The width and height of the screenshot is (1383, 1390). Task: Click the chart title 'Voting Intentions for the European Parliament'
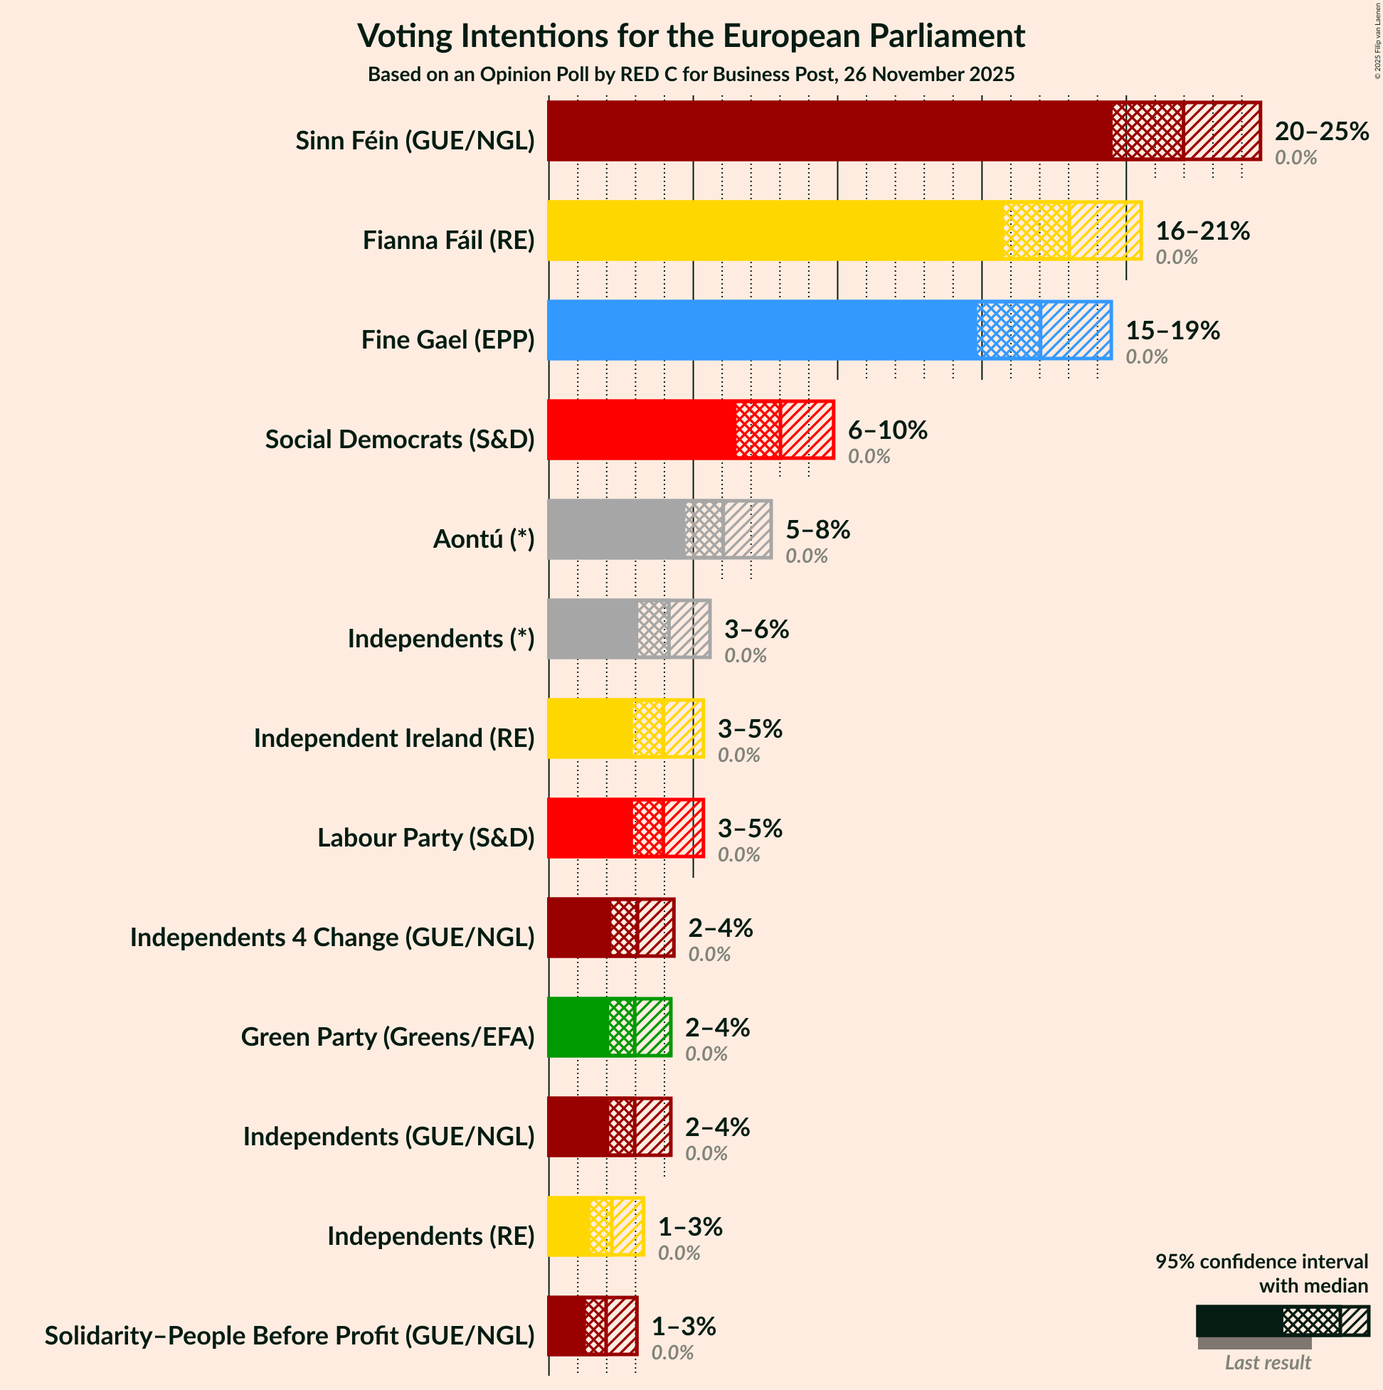click(691, 36)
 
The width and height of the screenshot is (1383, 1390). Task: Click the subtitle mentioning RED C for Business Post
click(691, 75)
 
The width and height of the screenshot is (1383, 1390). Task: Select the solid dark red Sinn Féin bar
click(827, 131)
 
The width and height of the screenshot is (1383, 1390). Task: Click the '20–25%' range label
click(1321, 132)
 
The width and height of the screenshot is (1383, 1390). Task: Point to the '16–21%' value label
click(1202, 231)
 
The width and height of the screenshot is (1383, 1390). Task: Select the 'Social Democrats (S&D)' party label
click(399, 439)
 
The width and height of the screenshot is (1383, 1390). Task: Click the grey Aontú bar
click(615, 529)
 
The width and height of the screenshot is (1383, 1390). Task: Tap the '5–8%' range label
click(817, 530)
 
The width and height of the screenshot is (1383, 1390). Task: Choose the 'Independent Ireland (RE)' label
click(393, 738)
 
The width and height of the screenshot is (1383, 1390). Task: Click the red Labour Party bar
click(590, 828)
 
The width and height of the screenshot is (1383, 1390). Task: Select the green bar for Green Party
click(578, 1027)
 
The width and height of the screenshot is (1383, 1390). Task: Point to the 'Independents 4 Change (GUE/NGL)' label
click(332, 938)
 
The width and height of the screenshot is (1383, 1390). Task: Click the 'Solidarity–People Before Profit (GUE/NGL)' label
click(290, 1336)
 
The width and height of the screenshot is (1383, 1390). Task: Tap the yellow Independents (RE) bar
click(568, 1226)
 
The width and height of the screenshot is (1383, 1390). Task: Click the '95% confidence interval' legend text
click(1261, 1262)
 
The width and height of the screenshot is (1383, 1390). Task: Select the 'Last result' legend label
click(1267, 1363)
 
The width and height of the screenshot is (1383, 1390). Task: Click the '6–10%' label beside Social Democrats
click(887, 430)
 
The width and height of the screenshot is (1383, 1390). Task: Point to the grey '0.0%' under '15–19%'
click(1146, 357)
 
